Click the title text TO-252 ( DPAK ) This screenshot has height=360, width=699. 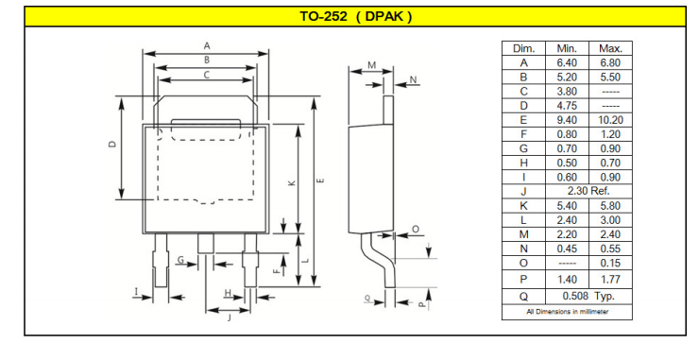point(355,17)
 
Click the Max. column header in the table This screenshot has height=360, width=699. point(610,48)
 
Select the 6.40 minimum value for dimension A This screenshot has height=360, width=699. point(567,63)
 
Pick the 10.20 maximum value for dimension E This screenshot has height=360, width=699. point(610,120)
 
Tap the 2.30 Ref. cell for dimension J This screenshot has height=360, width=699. point(588,192)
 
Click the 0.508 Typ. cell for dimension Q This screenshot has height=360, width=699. point(588,296)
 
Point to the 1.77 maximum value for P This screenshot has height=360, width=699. point(610,280)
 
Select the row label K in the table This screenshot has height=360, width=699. point(524,206)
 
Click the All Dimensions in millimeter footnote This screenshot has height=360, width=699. point(567,312)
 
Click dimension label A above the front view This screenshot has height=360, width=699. point(207,45)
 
